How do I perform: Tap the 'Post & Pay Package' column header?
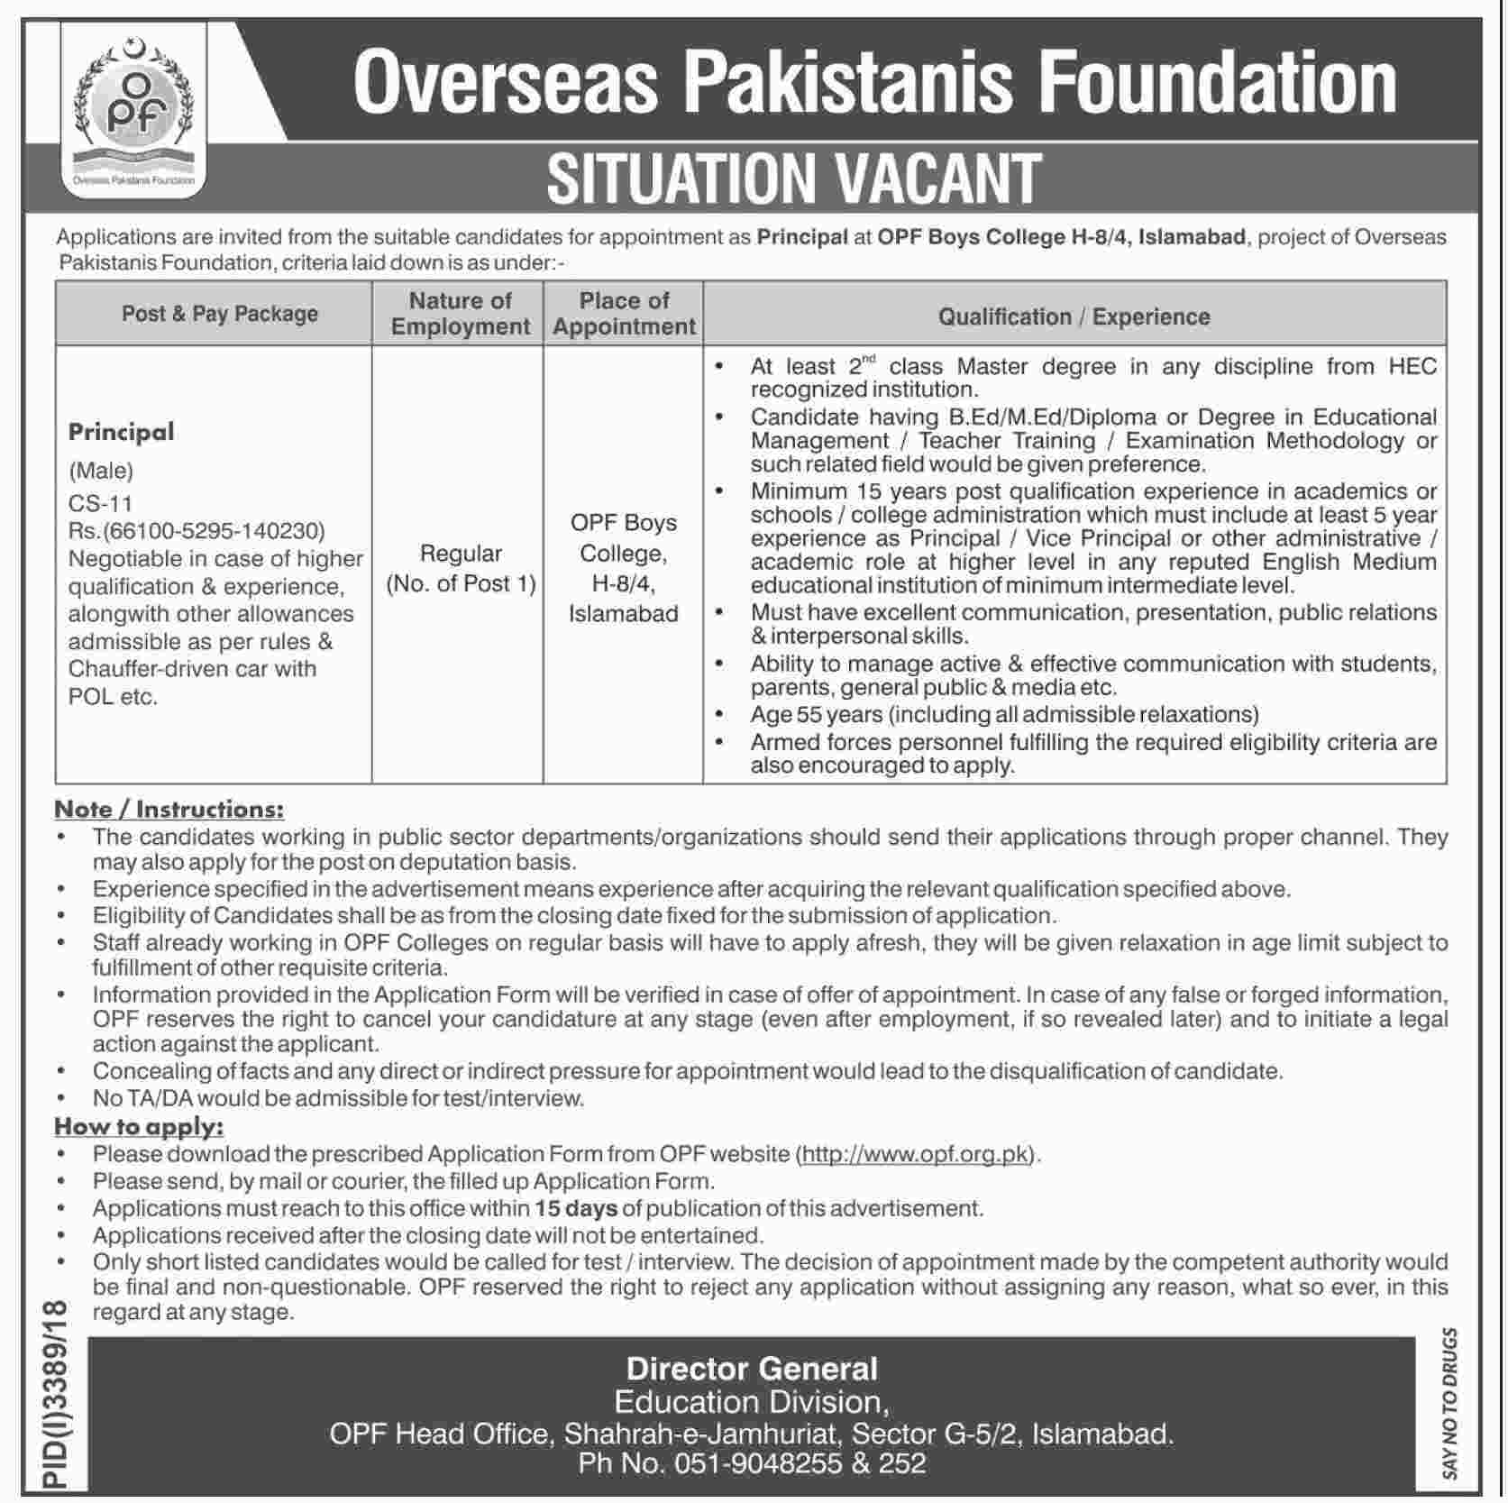(x=220, y=314)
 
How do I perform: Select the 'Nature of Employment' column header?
(x=460, y=314)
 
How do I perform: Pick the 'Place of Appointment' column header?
(x=624, y=314)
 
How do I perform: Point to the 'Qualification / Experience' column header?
(x=1074, y=316)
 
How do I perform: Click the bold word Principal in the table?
(x=122, y=432)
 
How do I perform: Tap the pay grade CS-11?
(x=101, y=503)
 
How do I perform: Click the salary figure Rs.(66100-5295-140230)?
(x=196, y=531)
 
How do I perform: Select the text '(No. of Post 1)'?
(x=461, y=583)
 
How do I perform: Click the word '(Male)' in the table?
(x=101, y=470)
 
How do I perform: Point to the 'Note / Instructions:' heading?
(x=169, y=809)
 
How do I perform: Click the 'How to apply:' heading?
(x=139, y=1126)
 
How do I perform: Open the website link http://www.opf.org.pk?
(x=915, y=1154)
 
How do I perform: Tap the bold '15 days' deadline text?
(x=575, y=1208)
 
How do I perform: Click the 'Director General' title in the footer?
(x=752, y=1369)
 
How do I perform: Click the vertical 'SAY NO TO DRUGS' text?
(x=1449, y=1403)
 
